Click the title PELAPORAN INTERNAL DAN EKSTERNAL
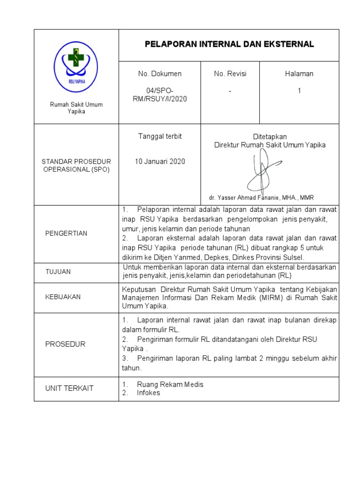coord(229,45)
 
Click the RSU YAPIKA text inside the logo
coord(76,80)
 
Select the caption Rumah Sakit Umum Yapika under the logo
coord(76,108)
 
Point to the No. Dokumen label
coord(159,74)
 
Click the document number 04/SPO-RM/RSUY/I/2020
coord(159,95)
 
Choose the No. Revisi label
coord(230,74)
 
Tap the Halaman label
coord(299,74)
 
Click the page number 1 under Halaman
coord(299,91)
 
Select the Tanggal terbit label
coord(159,136)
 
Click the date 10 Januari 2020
coord(160,162)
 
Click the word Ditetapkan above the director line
coord(270,137)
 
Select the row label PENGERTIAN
coord(66,233)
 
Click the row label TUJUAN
coord(58,272)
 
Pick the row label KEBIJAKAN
coord(63,297)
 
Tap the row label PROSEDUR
coord(65,344)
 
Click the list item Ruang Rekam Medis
coord(170,384)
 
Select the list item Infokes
coord(148,393)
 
